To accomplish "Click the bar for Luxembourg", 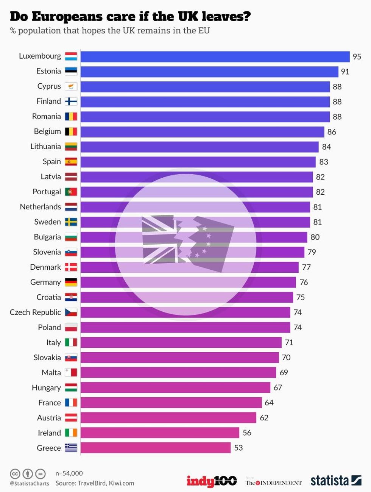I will pyautogui.click(x=215, y=56).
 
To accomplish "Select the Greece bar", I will pyautogui.click(x=156, y=448).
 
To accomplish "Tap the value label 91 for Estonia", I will pyautogui.click(x=345, y=72).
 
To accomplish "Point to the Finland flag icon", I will pyautogui.click(x=71, y=102).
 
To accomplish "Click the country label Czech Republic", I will pyautogui.click(x=35, y=312).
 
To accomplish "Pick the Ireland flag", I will pyautogui.click(x=71, y=433).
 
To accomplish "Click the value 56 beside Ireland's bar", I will pyautogui.click(x=247, y=433).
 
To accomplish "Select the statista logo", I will pyautogui.click(x=336, y=480).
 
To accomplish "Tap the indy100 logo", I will pyautogui.click(x=212, y=481).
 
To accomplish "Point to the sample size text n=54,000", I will pyautogui.click(x=69, y=473).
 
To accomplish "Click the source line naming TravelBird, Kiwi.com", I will pyautogui.click(x=95, y=483).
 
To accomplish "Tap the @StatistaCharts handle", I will pyautogui.click(x=30, y=484).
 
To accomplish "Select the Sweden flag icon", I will pyautogui.click(x=71, y=222).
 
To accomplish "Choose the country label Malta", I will pyautogui.click(x=51, y=373).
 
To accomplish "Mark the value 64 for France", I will pyautogui.click(x=269, y=403).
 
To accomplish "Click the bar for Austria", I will pyautogui.click(x=168, y=418).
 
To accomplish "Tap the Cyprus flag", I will pyautogui.click(x=71, y=86).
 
